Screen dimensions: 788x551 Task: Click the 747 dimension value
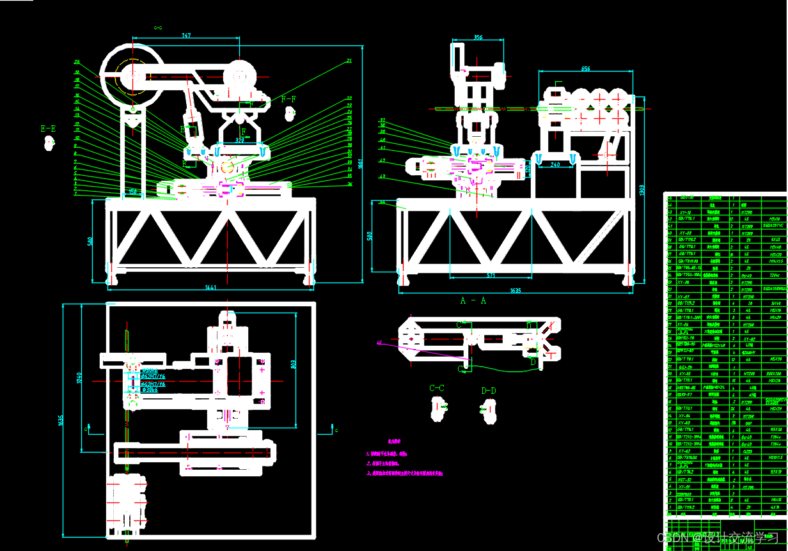coord(187,36)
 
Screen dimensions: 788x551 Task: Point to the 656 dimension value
coord(585,68)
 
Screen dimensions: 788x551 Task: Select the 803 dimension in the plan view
coord(294,366)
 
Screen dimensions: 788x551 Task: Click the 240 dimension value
coord(555,164)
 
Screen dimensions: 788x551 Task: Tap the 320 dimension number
coord(240,139)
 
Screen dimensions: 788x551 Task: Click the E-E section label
coord(48,128)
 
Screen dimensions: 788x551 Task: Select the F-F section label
coord(289,99)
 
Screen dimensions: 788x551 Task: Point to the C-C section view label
coord(437,388)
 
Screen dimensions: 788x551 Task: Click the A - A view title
coord(473,300)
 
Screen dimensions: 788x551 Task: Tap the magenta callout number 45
coord(380,343)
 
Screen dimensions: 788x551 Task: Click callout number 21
coord(349,61)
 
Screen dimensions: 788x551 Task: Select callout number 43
coord(382,176)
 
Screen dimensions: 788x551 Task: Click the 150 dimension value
coord(133,191)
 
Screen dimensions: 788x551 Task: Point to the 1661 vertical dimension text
coord(360,163)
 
